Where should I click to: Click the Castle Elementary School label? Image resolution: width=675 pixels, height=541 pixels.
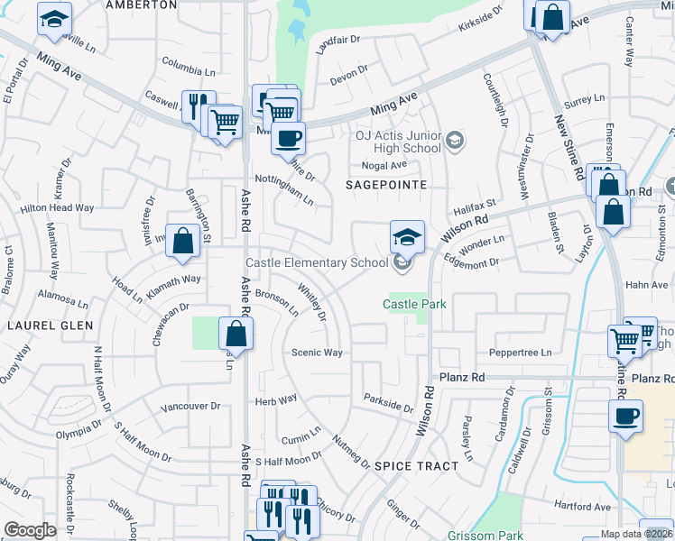(x=318, y=262)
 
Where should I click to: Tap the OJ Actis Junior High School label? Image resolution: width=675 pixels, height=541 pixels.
(x=397, y=141)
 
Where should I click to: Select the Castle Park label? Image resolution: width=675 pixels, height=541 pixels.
(x=414, y=304)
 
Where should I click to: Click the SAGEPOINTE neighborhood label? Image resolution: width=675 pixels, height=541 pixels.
(x=385, y=184)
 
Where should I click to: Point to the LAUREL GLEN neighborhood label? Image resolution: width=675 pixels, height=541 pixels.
(x=39, y=324)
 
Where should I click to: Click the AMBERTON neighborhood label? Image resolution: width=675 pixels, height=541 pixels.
(x=141, y=5)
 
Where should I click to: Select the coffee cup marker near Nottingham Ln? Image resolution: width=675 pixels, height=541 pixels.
(x=288, y=139)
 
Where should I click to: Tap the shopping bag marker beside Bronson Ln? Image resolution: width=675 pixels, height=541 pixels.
(x=236, y=335)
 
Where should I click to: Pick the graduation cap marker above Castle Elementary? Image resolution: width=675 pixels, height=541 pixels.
(x=407, y=236)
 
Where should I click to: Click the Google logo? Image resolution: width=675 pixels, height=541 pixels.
(x=30, y=530)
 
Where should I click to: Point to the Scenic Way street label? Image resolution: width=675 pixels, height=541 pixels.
(x=317, y=353)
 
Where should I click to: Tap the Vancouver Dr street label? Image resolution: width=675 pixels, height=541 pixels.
(x=190, y=407)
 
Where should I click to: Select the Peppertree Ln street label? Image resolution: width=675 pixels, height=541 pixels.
(x=520, y=353)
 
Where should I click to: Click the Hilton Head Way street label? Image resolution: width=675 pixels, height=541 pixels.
(x=57, y=207)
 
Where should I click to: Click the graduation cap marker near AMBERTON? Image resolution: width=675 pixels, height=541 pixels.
(x=54, y=18)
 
